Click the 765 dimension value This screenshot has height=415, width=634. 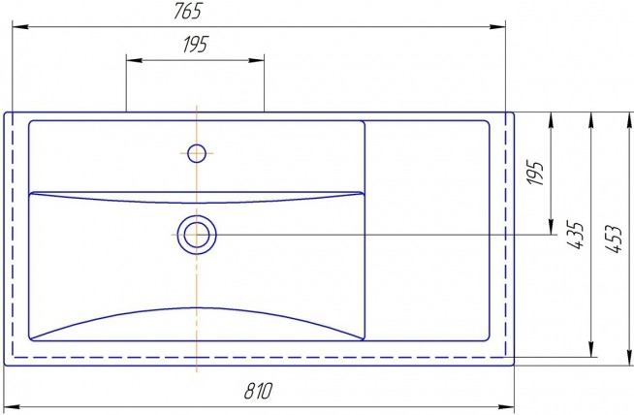pyautogui.click(x=188, y=12)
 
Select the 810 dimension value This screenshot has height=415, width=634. pyautogui.click(x=259, y=391)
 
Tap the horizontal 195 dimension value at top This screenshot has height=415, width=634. pyautogui.click(x=196, y=44)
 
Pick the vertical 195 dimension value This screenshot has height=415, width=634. pyautogui.click(x=536, y=174)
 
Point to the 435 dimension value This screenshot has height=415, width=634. pyautogui.click(x=576, y=235)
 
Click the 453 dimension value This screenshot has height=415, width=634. pyautogui.click(x=614, y=239)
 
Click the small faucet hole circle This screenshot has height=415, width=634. pyautogui.click(x=197, y=153)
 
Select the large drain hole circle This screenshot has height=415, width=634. pyautogui.click(x=197, y=235)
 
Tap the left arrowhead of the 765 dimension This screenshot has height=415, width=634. pyautogui.click(x=20, y=27)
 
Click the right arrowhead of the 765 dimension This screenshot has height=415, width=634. pyautogui.click(x=497, y=27)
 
